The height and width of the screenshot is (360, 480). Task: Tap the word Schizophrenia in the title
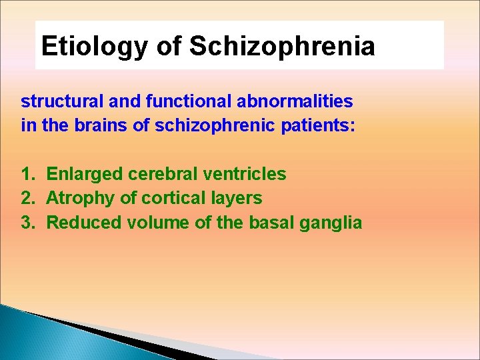282,47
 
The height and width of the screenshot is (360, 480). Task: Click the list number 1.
27,175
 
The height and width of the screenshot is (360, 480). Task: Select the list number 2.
27,199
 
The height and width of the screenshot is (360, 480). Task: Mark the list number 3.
27,223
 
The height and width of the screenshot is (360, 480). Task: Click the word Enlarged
85,175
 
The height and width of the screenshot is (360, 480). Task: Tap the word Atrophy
80,199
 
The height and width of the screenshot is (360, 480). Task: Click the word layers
237,199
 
